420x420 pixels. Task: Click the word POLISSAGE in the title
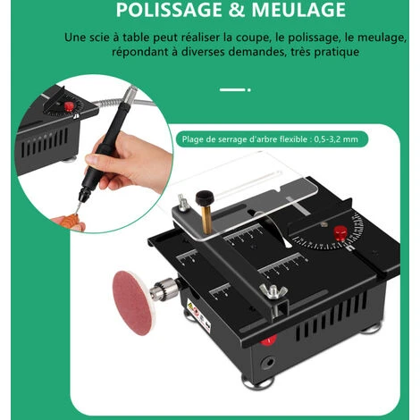tap(169, 10)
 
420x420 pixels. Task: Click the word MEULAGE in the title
tap(298, 10)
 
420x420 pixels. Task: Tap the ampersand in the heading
tap(237, 10)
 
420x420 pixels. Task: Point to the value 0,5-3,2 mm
tap(336, 139)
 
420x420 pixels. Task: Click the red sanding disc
tap(134, 303)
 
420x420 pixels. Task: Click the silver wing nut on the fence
tap(273, 291)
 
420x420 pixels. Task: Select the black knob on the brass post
tap(205, 197)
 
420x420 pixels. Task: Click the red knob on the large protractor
tap(340, 232)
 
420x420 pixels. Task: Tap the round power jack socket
tap(267, 363)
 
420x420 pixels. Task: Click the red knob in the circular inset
tap(69, 106)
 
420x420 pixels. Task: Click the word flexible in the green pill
tap(293, 139)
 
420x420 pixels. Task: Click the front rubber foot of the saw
tap(257, 382)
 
